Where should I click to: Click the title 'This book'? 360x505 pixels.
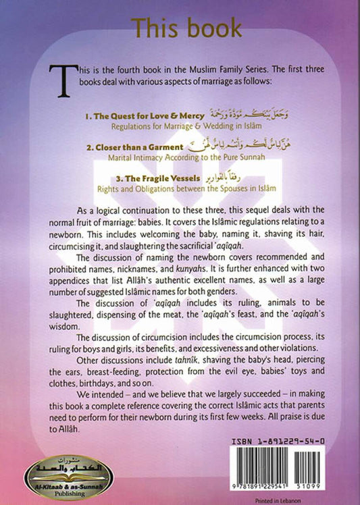pos(186,28)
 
